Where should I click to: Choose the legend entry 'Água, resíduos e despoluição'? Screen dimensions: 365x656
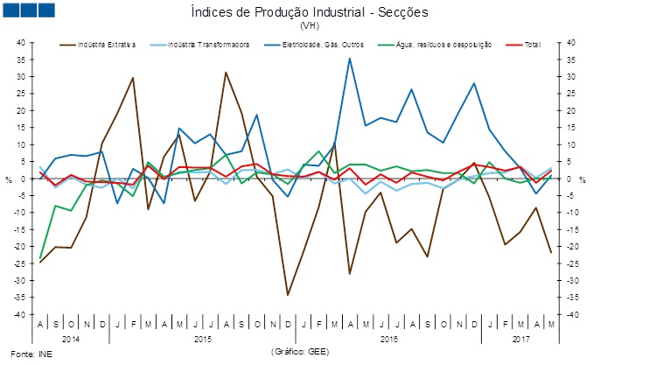click(x=444, y=44)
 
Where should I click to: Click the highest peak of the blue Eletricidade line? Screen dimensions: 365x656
click(x=350, y=59)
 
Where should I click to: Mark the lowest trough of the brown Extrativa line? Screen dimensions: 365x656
click(x=288, y=295)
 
